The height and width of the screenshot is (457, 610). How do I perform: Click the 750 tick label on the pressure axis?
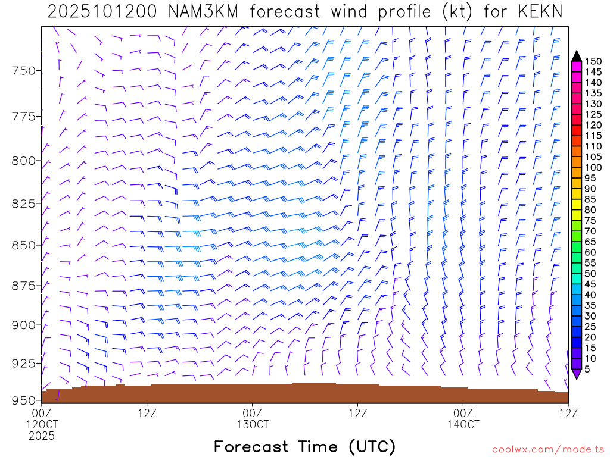24,71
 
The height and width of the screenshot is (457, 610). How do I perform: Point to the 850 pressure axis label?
24,245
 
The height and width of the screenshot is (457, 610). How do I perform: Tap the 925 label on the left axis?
24,362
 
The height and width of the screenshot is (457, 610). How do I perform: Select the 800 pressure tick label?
24,161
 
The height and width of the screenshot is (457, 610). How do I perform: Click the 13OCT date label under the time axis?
252,425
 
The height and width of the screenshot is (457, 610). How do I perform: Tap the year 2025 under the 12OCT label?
42,436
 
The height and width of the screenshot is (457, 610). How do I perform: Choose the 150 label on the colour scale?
593,61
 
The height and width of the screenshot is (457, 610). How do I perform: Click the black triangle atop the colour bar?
577,57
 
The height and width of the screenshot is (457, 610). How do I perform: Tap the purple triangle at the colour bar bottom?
577,374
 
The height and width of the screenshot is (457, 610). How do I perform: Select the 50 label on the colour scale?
591,273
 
